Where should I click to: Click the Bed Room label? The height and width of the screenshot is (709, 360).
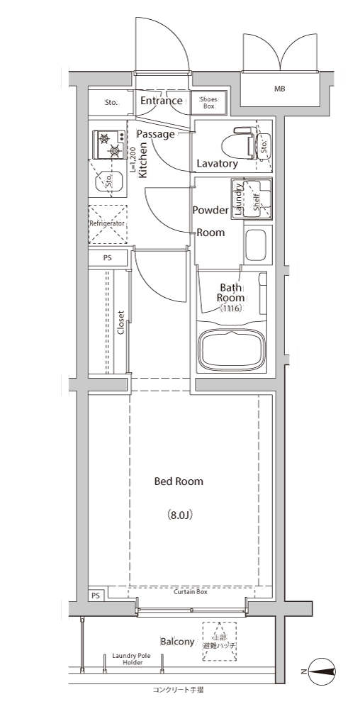click(179, 481)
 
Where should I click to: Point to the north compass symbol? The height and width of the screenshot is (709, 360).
click(321, 671)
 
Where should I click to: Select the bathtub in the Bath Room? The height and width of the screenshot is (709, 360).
click(232, 350)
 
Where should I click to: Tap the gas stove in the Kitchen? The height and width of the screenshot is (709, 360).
click(109, 144)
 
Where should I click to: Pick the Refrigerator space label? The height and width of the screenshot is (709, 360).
click(107, 224)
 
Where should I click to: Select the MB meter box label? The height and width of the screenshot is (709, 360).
click(280, 89)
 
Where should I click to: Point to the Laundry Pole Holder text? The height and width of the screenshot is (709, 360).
click(133, 659)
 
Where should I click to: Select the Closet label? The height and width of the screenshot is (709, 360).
click(120, 323)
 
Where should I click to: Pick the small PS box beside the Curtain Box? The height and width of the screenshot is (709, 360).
click(96, 596)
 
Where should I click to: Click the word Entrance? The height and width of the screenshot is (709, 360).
click(162, 101)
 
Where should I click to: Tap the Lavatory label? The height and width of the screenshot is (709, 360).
click(218, 164)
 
